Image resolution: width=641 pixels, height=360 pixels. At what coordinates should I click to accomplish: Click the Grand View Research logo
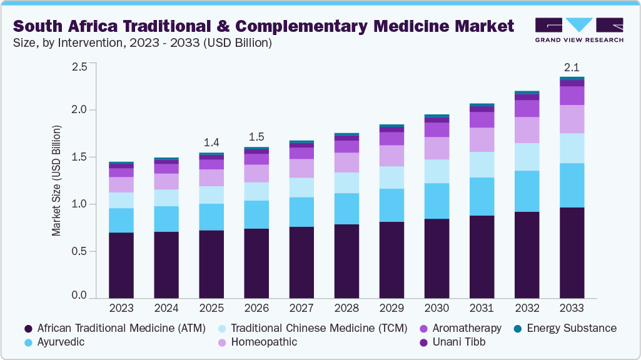point(579,29)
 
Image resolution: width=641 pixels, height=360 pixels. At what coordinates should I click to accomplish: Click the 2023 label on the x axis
point(121,308)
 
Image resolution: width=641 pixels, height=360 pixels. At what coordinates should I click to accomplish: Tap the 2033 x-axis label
point(572,308)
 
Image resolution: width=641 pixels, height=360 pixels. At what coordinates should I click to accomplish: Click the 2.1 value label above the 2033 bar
point(572,67)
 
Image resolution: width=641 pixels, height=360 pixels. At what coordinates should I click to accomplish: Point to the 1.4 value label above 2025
point(211,142)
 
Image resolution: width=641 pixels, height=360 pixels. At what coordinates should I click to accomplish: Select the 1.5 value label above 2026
point(256,136)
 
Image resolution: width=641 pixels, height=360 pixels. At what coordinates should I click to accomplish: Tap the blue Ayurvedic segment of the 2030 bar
point(437,201)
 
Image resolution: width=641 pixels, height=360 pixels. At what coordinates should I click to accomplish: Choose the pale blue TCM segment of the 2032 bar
point(527,157)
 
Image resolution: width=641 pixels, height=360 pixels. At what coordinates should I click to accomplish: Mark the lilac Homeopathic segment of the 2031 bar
point(482,139)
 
